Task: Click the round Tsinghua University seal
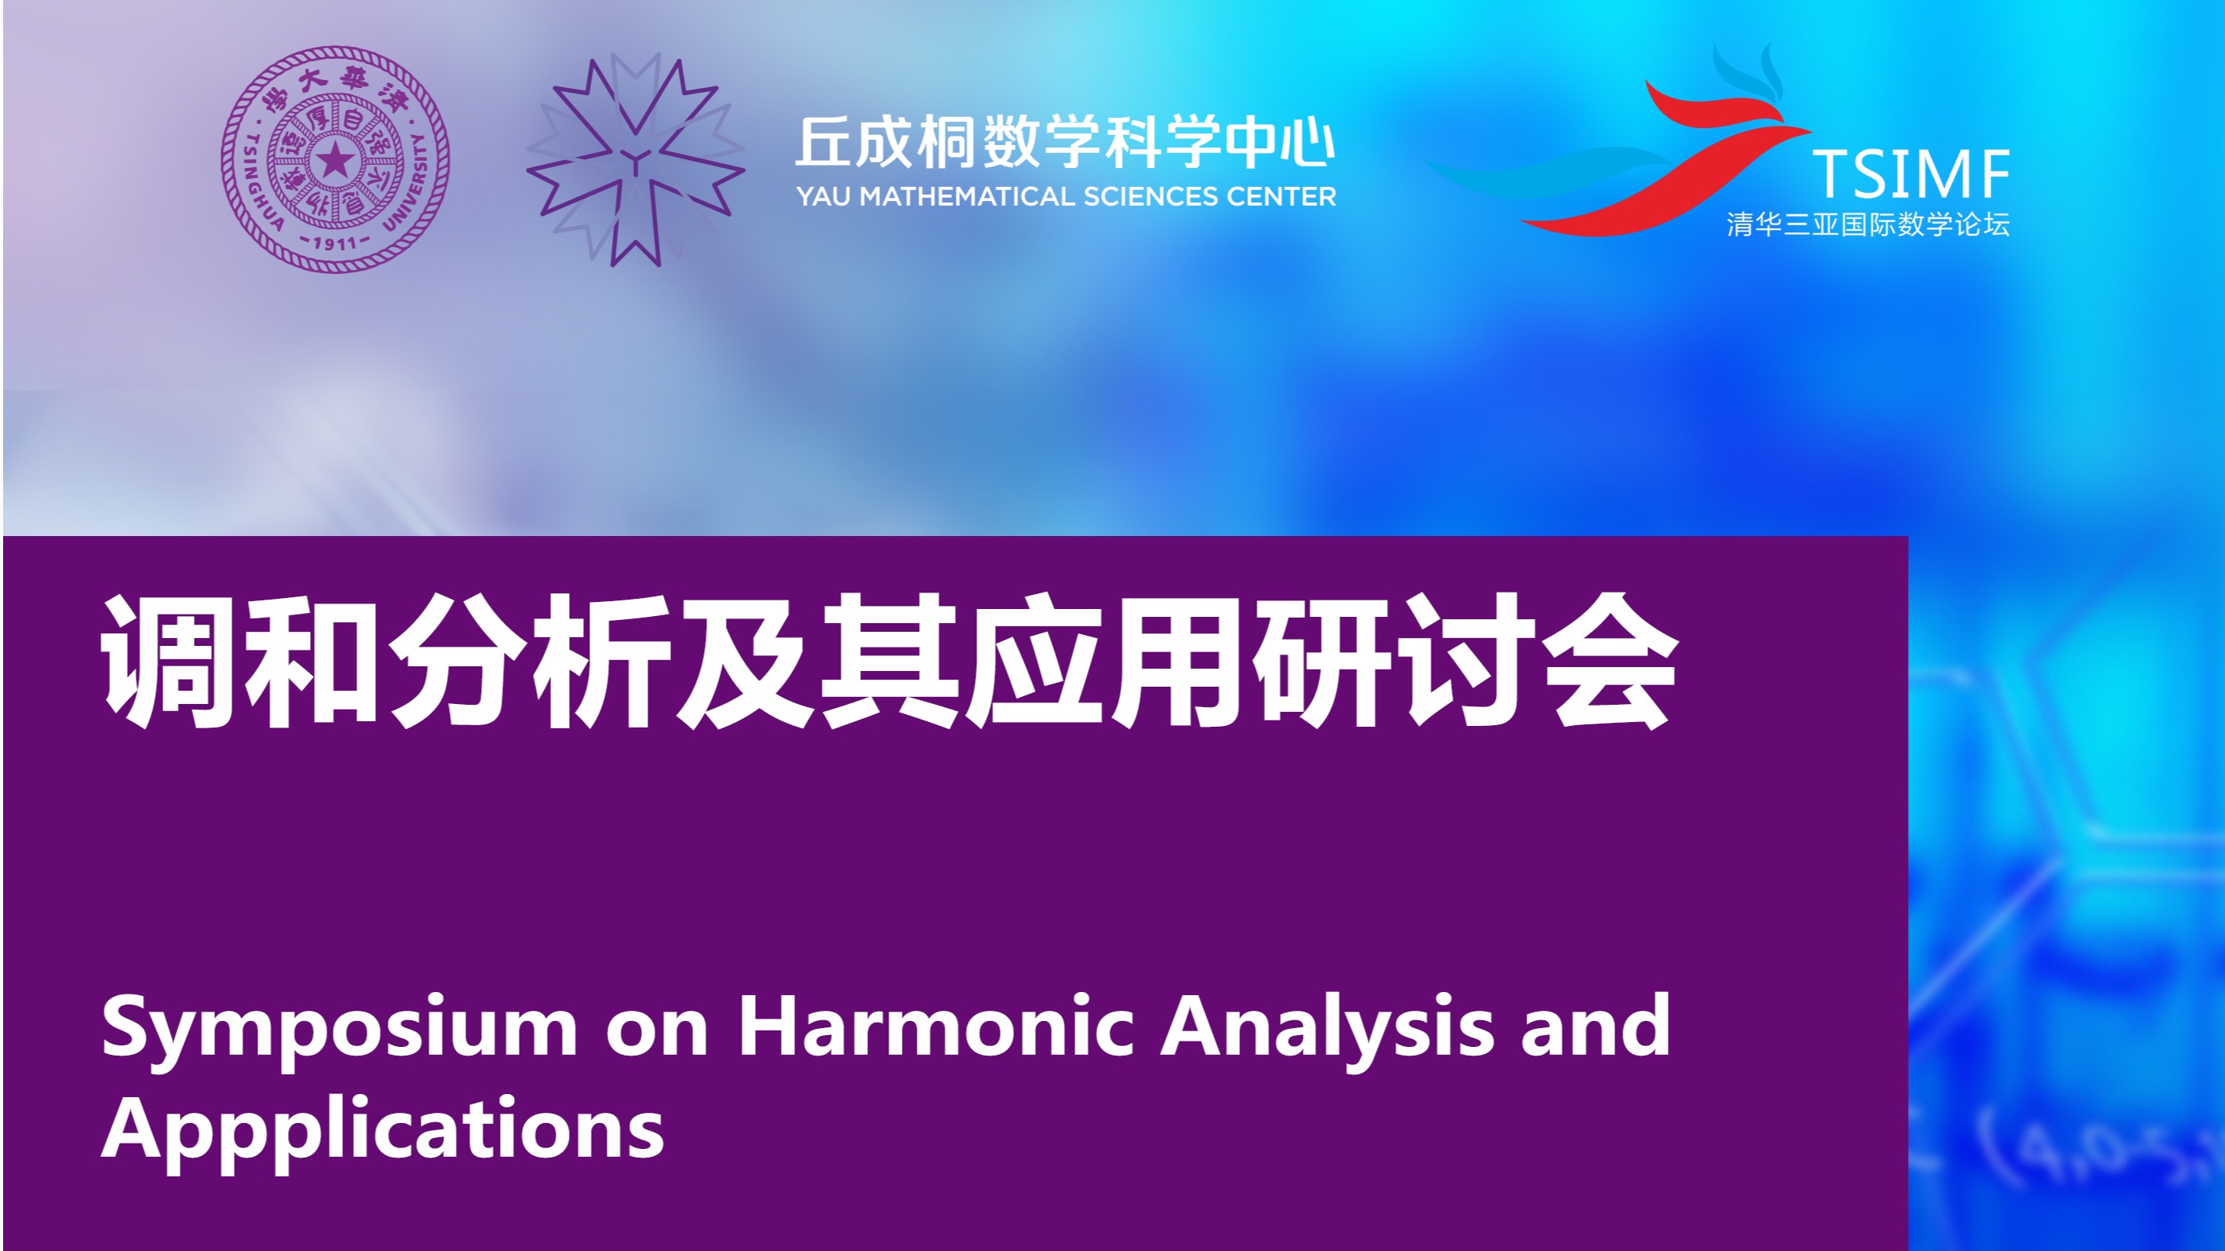click(x=335, y=159)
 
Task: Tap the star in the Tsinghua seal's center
click(x=335, y=160)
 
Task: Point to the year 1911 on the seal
click(x=335, y=243)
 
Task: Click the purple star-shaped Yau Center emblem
click(x=636, y=161)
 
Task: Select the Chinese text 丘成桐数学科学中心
click(x=1065, y=142)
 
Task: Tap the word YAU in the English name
click(x=824, y=197)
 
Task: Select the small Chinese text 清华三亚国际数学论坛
click(x=1868, y=224)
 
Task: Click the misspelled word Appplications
click(x=383, y=1132)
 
